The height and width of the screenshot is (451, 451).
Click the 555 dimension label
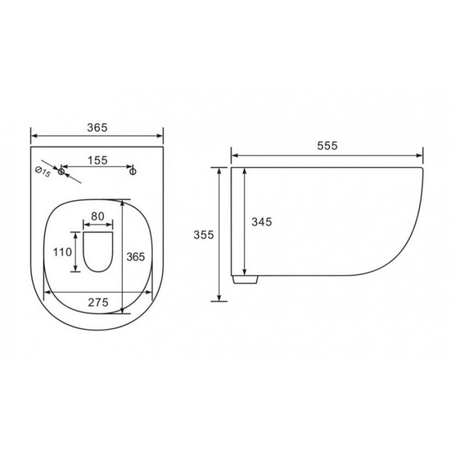point(327,145)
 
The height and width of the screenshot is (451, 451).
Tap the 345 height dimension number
point(262,222)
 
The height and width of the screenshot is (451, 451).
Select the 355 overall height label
point(203,235)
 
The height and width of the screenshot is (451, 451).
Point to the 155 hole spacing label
point(98,160)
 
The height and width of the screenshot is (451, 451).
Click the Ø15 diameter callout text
point(43,172)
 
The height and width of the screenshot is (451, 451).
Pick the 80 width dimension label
point(98,216)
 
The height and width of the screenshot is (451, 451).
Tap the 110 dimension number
point(63,252)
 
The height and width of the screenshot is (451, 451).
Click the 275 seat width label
point(98,303)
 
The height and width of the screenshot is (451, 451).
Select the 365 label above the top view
point(97,127)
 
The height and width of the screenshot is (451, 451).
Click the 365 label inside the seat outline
point(136,257)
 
